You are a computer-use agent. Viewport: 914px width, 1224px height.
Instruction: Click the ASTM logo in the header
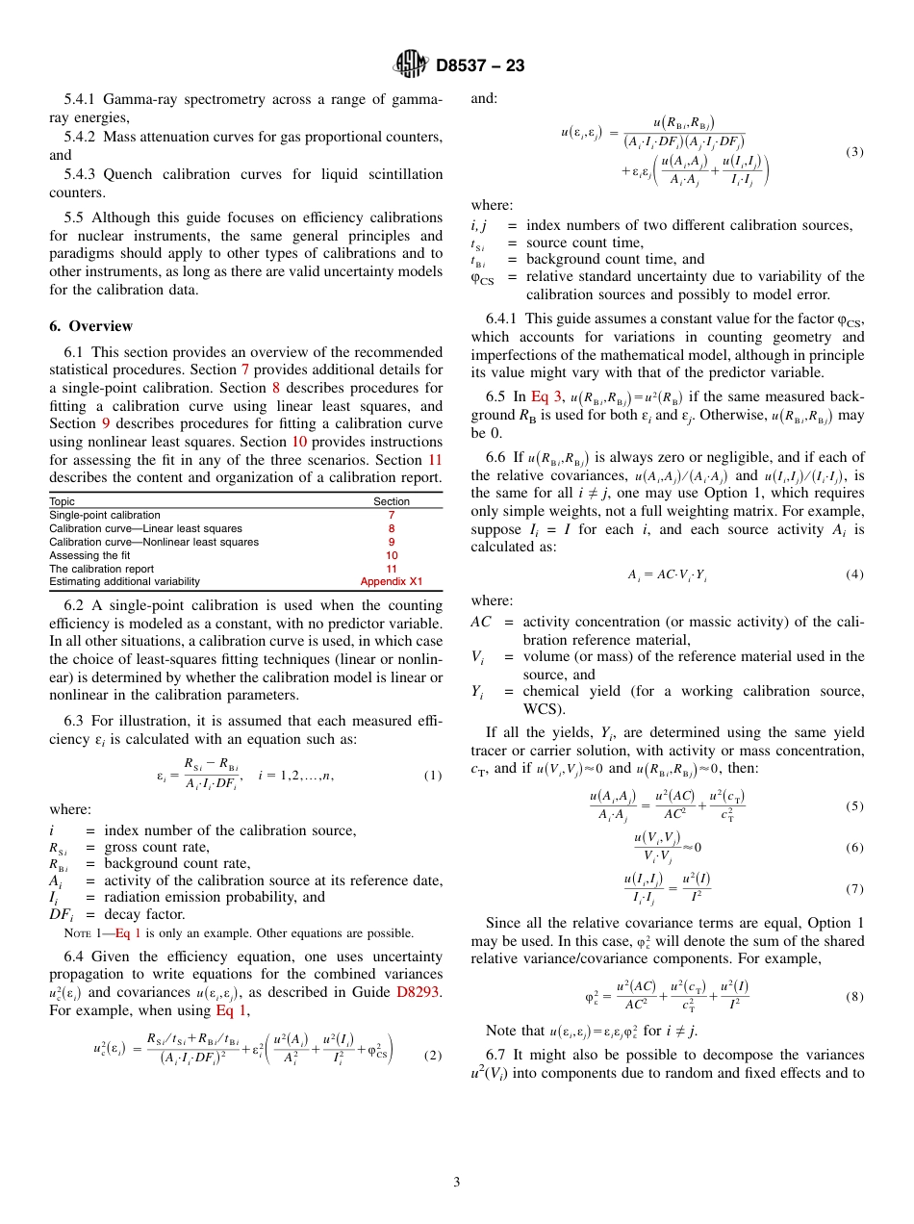(x=411, y=65)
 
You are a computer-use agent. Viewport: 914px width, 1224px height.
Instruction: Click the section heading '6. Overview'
(x=90, y=326)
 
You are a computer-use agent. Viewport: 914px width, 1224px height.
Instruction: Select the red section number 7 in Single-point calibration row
(x=391, y=515)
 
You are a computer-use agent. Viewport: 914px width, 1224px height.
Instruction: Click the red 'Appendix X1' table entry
(x=391, y=581)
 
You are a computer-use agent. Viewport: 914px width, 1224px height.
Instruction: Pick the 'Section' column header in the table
(x=391, y=501)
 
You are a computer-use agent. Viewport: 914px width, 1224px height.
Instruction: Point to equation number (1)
(x=433, y=776)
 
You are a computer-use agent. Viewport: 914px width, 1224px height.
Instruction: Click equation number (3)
(x=854, y=152)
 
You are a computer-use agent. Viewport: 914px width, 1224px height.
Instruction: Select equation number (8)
(x=854, y=996)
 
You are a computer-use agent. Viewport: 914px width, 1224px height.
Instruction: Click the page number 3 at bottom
(x=457, y=1183)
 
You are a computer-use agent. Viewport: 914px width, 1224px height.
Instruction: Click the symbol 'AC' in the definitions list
(x=481, y=622)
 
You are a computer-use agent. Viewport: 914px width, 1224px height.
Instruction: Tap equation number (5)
(x=854, y=806)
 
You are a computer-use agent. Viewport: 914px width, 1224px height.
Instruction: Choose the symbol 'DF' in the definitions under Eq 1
(x=62, y=914)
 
